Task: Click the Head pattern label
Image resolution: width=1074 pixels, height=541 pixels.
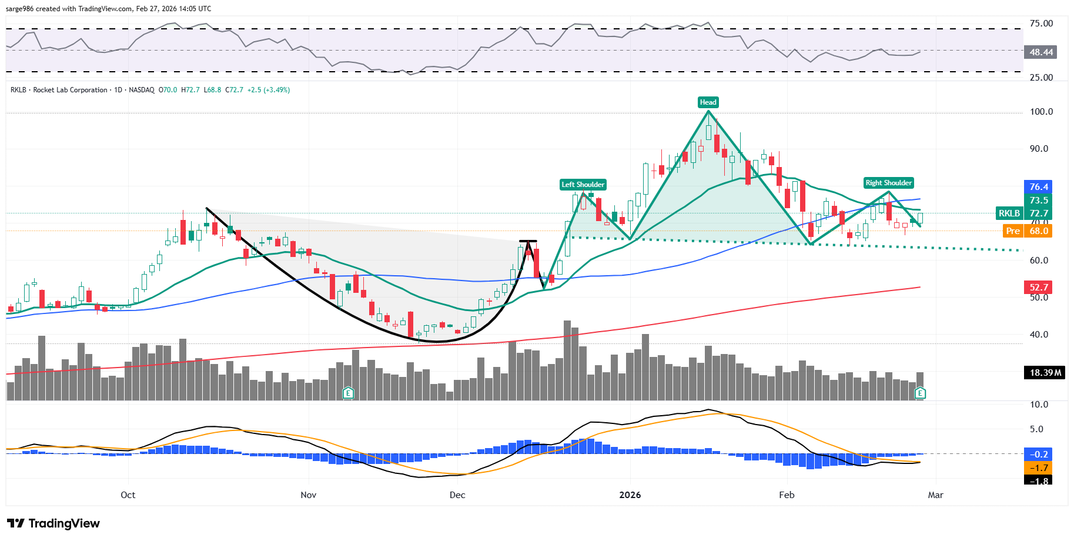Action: (x=708, y=102)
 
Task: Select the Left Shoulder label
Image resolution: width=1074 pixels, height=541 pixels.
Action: (x=583, y=185)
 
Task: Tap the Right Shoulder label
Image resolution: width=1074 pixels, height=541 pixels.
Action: (x=888, y=183)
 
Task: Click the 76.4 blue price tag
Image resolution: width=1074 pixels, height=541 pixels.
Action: (x=1038, y=187)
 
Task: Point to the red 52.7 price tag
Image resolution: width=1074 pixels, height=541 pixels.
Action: (x=1038, y=288)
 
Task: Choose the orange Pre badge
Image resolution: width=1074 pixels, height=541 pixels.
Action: (x=1013, y=231)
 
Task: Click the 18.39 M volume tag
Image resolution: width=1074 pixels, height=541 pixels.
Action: (x=1045, y=373)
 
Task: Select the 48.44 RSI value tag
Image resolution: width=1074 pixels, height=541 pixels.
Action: (x=1040, y=52)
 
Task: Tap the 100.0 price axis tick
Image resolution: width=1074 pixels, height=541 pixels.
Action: (x=1041, y=112)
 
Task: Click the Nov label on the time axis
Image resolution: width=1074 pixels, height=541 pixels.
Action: (x=308, y=495)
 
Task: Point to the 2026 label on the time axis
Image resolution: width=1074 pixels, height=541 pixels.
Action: (x=630, y=495)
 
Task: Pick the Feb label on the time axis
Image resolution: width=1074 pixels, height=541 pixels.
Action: (x=787, y=495)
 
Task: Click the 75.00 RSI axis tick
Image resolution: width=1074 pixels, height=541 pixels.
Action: (x=1041, y=24)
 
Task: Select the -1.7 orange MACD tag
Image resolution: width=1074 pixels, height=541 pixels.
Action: (x=1038, y=468)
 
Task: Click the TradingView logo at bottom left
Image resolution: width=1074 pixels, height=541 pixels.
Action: (x=53, y=523)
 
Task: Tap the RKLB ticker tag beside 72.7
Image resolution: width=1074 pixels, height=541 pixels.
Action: (x=1009, y=213)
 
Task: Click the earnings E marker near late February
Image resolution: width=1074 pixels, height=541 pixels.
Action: (x=920, y=393)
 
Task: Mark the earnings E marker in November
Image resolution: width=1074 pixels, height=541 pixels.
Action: (x=348, y=393)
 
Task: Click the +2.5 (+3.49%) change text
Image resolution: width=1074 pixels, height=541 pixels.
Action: (x=269, y=90)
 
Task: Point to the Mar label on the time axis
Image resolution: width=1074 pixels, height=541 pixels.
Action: (x=935, y=495)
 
